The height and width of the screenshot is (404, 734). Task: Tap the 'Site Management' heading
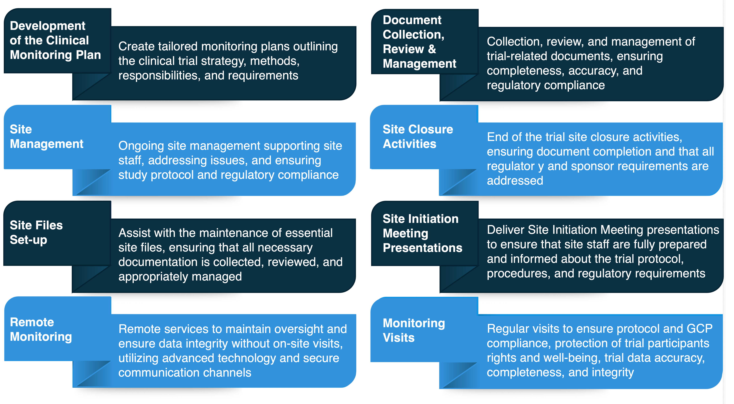tap(47, 137)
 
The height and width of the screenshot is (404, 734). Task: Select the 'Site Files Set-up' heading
tap(36, 232)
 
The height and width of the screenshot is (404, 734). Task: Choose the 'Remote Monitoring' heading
tap(41, 329)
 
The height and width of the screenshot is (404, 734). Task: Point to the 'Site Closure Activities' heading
tap(417, 137)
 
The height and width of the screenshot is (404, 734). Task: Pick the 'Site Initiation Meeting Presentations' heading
tap(422, 233)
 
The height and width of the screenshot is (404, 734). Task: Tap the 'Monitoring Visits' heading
tap(414, 330)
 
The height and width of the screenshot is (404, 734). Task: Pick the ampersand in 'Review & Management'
tap(432, 49)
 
